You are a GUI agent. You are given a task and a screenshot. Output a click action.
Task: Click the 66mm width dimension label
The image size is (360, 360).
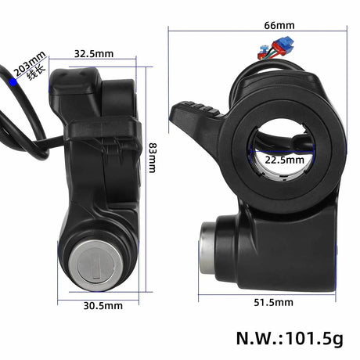[257, 24]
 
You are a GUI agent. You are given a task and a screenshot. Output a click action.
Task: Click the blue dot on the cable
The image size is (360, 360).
[13, 81]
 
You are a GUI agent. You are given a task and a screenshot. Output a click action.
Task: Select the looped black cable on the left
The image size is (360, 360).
[20, 125]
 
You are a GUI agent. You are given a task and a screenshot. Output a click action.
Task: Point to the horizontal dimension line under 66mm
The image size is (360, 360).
[257, 32]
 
